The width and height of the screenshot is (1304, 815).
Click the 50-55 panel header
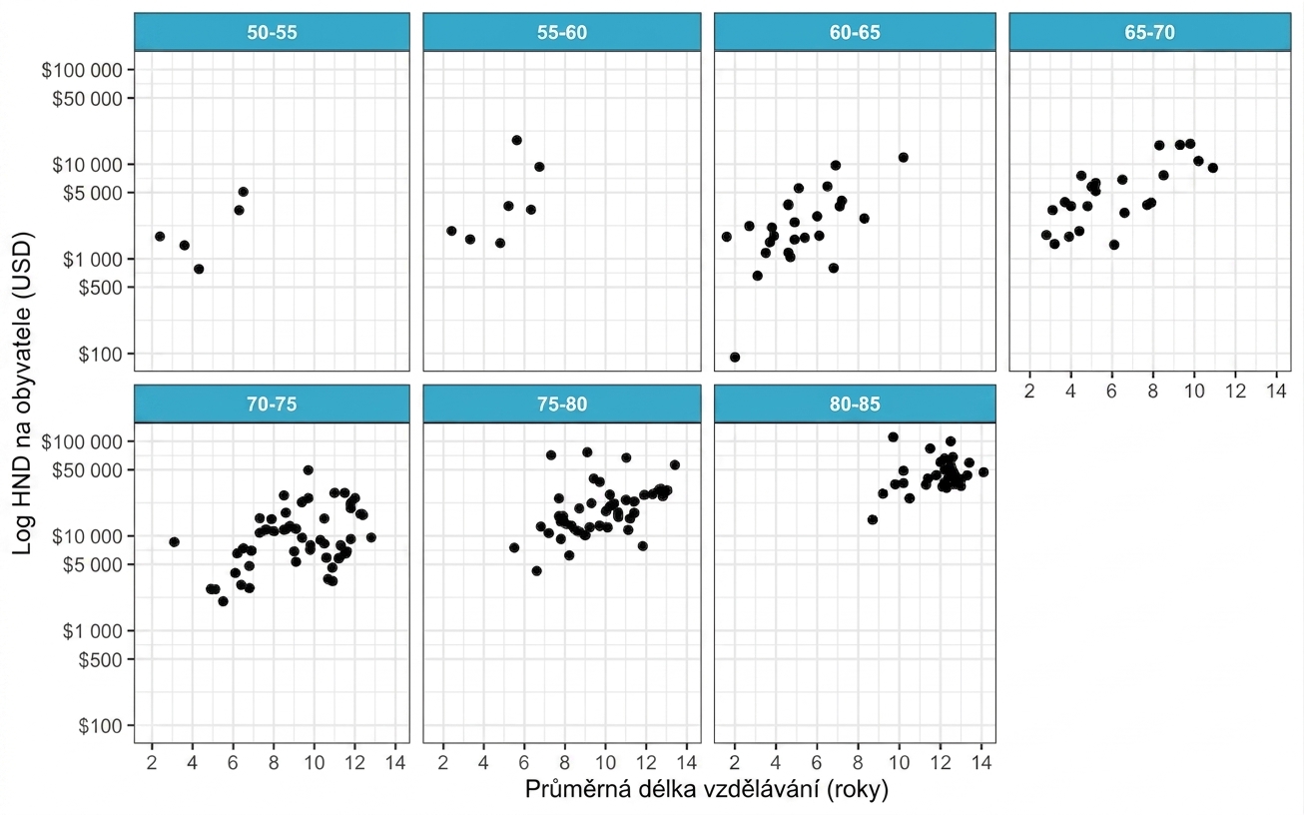(x=272, y=32)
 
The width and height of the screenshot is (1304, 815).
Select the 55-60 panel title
(x=562, y=32)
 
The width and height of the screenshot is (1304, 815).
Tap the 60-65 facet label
(x=855, y=32)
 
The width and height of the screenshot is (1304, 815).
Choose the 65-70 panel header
(x=1149, y=32)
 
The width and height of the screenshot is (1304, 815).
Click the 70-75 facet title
(x=272, y=404)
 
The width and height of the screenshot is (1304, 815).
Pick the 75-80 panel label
(x=562, y=404)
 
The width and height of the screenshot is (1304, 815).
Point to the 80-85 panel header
(x=855, y=404)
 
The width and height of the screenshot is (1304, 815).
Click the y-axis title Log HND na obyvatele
(x=22, y=394)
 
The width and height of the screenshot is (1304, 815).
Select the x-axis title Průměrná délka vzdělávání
(x=707, y=789)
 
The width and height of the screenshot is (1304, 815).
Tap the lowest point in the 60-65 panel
(x=735, y=357)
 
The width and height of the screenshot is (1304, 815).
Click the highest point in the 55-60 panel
(x=516, y=140)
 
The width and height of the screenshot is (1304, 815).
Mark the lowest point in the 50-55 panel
(x=199, y=269)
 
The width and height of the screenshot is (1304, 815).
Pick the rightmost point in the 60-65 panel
(x=903, y=157)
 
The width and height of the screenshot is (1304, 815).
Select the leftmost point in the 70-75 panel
(x=174, y=542)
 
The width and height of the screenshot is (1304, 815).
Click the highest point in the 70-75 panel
(x=308, y=469)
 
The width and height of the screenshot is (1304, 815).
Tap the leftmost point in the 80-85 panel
(x=872, y=519)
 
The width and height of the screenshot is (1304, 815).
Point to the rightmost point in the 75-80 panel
(x=675, y=464)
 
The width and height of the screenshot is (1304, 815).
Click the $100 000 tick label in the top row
(x=82, y=71)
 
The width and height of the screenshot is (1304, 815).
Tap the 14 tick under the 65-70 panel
(x=1276, y=391)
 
